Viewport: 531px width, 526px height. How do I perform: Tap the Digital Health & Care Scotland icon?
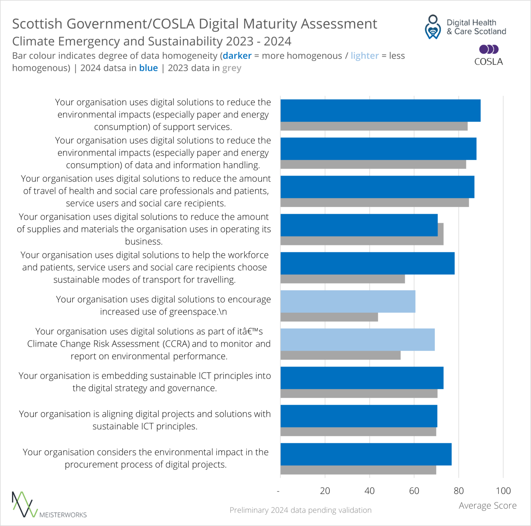pyautogui.click(x=432, y=27)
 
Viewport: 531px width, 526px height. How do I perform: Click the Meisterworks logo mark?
pyautogui.click(x=24, y=505)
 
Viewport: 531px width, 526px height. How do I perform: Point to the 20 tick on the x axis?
pyautogui.click(x=325, y=490)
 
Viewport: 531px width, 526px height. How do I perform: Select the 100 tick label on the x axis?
pyautogui.click(x=503, y=490)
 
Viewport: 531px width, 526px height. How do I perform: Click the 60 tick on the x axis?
pyautogui.click(x=414, y=490)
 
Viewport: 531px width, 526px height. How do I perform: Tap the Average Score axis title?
pyautogui.click(x=487, y=506)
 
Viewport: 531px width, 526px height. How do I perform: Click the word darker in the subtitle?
pyautogui.click(x=237, y=56)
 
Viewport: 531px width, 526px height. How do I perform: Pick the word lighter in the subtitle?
pyautogui.click(x=365, y=56)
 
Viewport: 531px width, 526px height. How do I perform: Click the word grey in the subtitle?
pyautogui.click(x=232, y=68)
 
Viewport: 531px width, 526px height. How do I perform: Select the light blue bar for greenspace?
pyautogui.click(x=347, y=301)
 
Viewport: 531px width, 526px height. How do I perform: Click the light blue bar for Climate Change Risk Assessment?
pyautogui.click(x=357, y=339)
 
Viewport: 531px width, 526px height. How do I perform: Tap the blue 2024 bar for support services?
pyautogui.click(x=380, y=111)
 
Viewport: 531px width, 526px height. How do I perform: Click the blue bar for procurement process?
pyautogui.click(x=366, y=454)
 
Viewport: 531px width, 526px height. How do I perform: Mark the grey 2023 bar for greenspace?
pyautogui.click(x=329, y=317)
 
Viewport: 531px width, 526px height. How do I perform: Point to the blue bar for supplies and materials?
pyautogui.click(x=359, y=225)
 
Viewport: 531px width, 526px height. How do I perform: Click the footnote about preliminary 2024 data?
pyautogui.click(x=300, y=510)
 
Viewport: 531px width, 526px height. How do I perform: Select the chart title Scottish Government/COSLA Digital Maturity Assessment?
pyautogui.click(x=195, y=24)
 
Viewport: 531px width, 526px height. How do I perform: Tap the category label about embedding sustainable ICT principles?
pyautogui.click(x=145, y=382)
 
